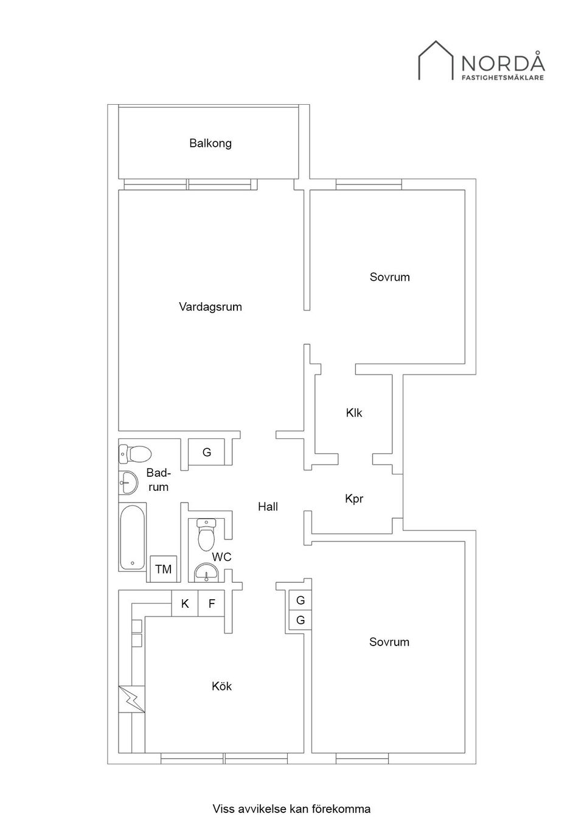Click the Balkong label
click(210, 143)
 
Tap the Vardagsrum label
click(210, 307)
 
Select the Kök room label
click(221, 686)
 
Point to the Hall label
click(268, 507)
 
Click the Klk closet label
click(354, 412)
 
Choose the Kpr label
click(354, 499)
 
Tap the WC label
click(221, 557)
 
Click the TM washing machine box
click(163, 569)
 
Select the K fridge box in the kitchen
click(185, 604)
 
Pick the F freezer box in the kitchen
click(211, 604)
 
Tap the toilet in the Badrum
click(135, 454)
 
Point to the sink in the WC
click(206, 572)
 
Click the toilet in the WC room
click(206, 535)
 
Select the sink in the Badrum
click(128, 482)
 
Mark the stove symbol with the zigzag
click(131, 699)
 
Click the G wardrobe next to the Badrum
click(206, 452)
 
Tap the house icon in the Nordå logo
click(436, 60)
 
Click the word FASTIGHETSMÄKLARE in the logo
click(503, 78)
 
